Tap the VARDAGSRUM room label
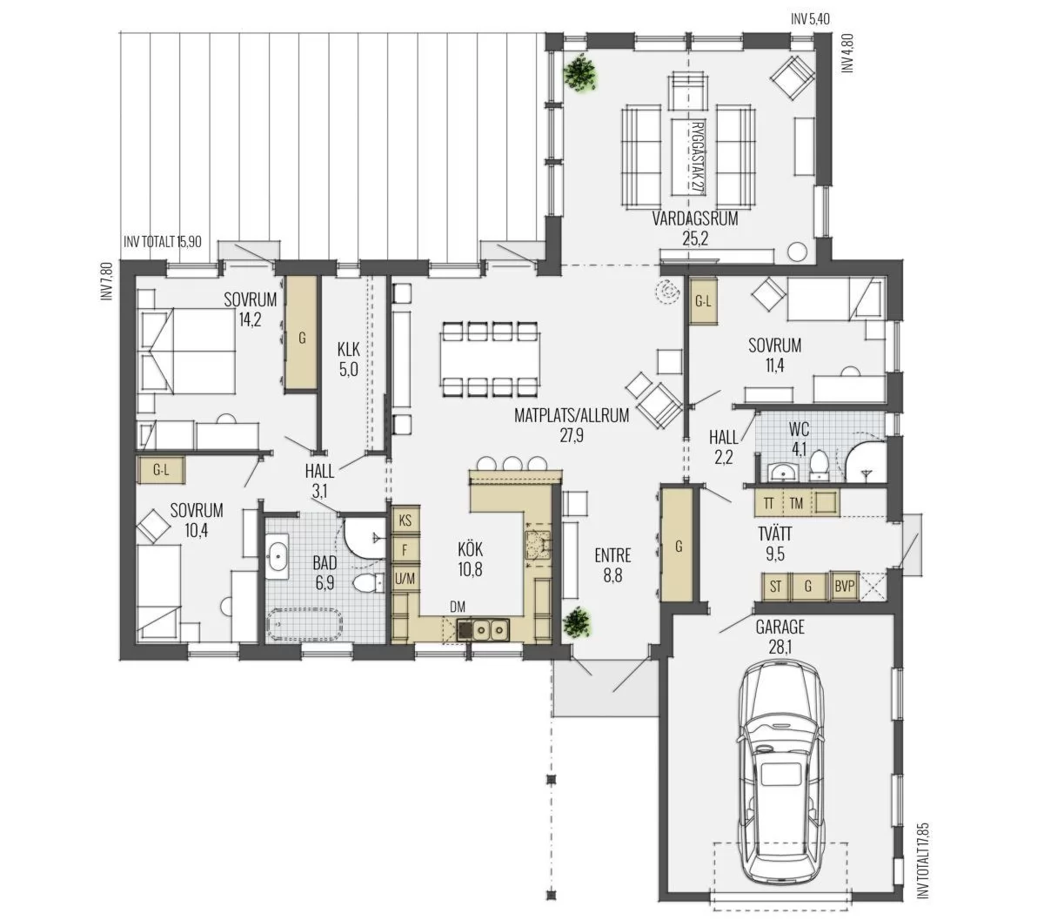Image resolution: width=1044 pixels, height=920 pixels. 694,218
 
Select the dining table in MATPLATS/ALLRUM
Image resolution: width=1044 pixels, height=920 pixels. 490,359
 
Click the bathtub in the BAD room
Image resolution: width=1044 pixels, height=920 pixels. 304,625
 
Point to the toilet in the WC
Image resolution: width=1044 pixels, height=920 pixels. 818,462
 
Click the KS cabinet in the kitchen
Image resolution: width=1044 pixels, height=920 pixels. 405,520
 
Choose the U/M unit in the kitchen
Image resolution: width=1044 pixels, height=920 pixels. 405,579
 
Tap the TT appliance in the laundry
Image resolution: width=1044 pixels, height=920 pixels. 769,503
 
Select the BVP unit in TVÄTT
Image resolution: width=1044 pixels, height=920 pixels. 844,586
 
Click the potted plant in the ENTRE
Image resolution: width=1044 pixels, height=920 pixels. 576,622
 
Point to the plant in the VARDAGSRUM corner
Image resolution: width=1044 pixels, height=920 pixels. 581,72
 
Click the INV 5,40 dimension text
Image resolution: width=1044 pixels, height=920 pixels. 810,19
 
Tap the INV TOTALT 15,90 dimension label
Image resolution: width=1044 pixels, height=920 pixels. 163,241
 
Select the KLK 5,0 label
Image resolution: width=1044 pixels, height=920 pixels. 348,359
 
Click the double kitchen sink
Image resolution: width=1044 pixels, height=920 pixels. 490,629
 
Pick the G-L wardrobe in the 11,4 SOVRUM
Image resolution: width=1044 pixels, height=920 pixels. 703,301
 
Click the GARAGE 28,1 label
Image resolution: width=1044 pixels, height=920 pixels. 780,636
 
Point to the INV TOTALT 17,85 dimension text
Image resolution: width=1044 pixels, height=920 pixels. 922,843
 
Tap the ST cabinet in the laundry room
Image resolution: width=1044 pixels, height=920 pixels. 775,586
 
